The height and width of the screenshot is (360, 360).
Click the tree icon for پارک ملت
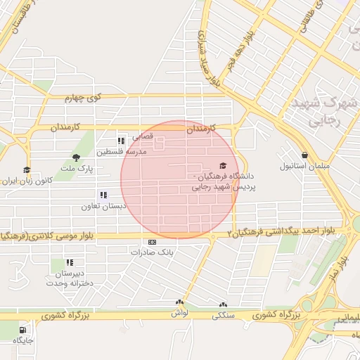[x=76, y=157]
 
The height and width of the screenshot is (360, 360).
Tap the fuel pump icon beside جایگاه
[x=25, y=329]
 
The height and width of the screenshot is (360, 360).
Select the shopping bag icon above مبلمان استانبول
[x=304, y=155]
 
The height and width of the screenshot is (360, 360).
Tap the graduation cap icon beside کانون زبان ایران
[x=27, y=169]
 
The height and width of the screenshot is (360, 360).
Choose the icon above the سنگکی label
[x=223, y=306]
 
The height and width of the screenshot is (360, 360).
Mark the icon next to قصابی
[x=122, y=140]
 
